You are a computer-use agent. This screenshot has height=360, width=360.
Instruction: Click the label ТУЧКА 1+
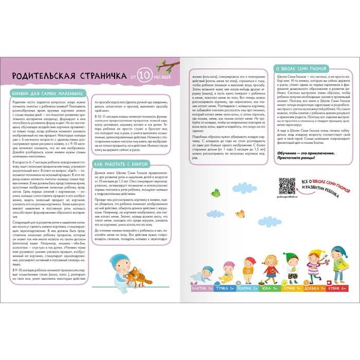tap(225, 290)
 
